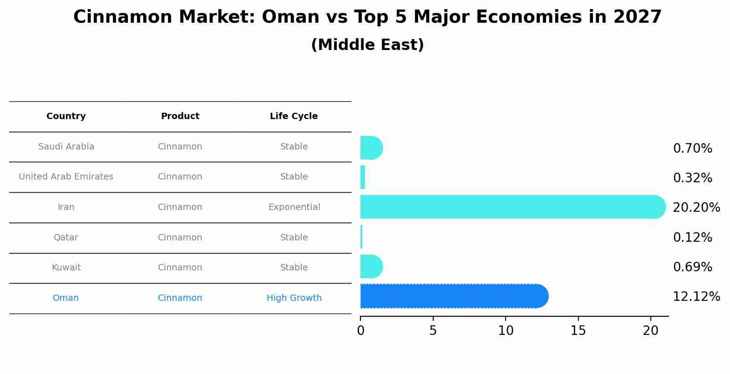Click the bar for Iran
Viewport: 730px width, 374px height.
tap(513, 207)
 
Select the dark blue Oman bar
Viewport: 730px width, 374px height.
tap(454, 296)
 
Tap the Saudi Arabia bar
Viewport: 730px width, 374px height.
tap(371, 148)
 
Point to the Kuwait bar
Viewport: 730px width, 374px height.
tap(371, 266)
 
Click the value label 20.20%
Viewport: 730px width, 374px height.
tap(696, 207)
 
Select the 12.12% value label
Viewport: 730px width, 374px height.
tap(696, 297)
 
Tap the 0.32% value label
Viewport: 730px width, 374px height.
tap(693, 178)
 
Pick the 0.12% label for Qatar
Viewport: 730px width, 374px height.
tap(693, 237)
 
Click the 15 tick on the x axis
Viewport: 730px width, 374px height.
tap(578, 331)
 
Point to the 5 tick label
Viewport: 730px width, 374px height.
tap(433, 331)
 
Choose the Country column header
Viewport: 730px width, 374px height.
tap(66, 116)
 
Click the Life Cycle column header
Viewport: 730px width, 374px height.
tap(294, 116)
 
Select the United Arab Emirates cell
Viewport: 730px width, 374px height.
tap(66, 176)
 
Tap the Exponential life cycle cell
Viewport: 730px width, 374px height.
tap(294, 207)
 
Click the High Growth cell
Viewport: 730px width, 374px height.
tap(294, 298)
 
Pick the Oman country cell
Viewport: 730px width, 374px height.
tap(66, 298)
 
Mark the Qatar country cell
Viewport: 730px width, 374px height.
tap(66, 238)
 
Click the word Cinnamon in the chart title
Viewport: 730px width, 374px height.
tap(122, 17)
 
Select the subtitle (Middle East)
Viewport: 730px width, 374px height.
tap(368, 45)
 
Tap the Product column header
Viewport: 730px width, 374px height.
tap(180, 116)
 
